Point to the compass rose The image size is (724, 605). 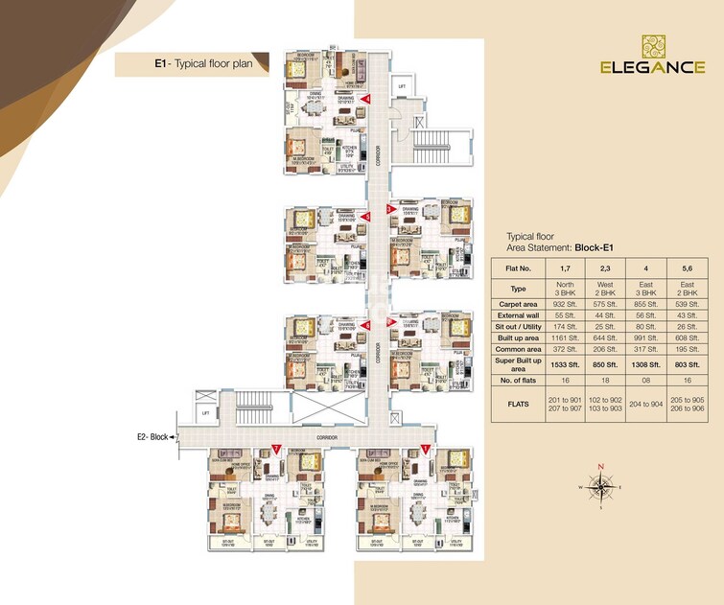click(x=601, y=487)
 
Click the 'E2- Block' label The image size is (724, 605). click(x=152, y=437)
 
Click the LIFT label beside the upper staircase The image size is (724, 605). click(x=402, y=85)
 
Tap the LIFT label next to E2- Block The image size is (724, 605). click(x=205, y=413)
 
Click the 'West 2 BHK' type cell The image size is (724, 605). click(x=610, y=288)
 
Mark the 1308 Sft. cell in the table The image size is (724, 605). click(x=651, y=365)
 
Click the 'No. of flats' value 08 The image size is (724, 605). click(x=651, y=381)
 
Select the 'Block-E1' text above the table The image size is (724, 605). click(x=593, y=247)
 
